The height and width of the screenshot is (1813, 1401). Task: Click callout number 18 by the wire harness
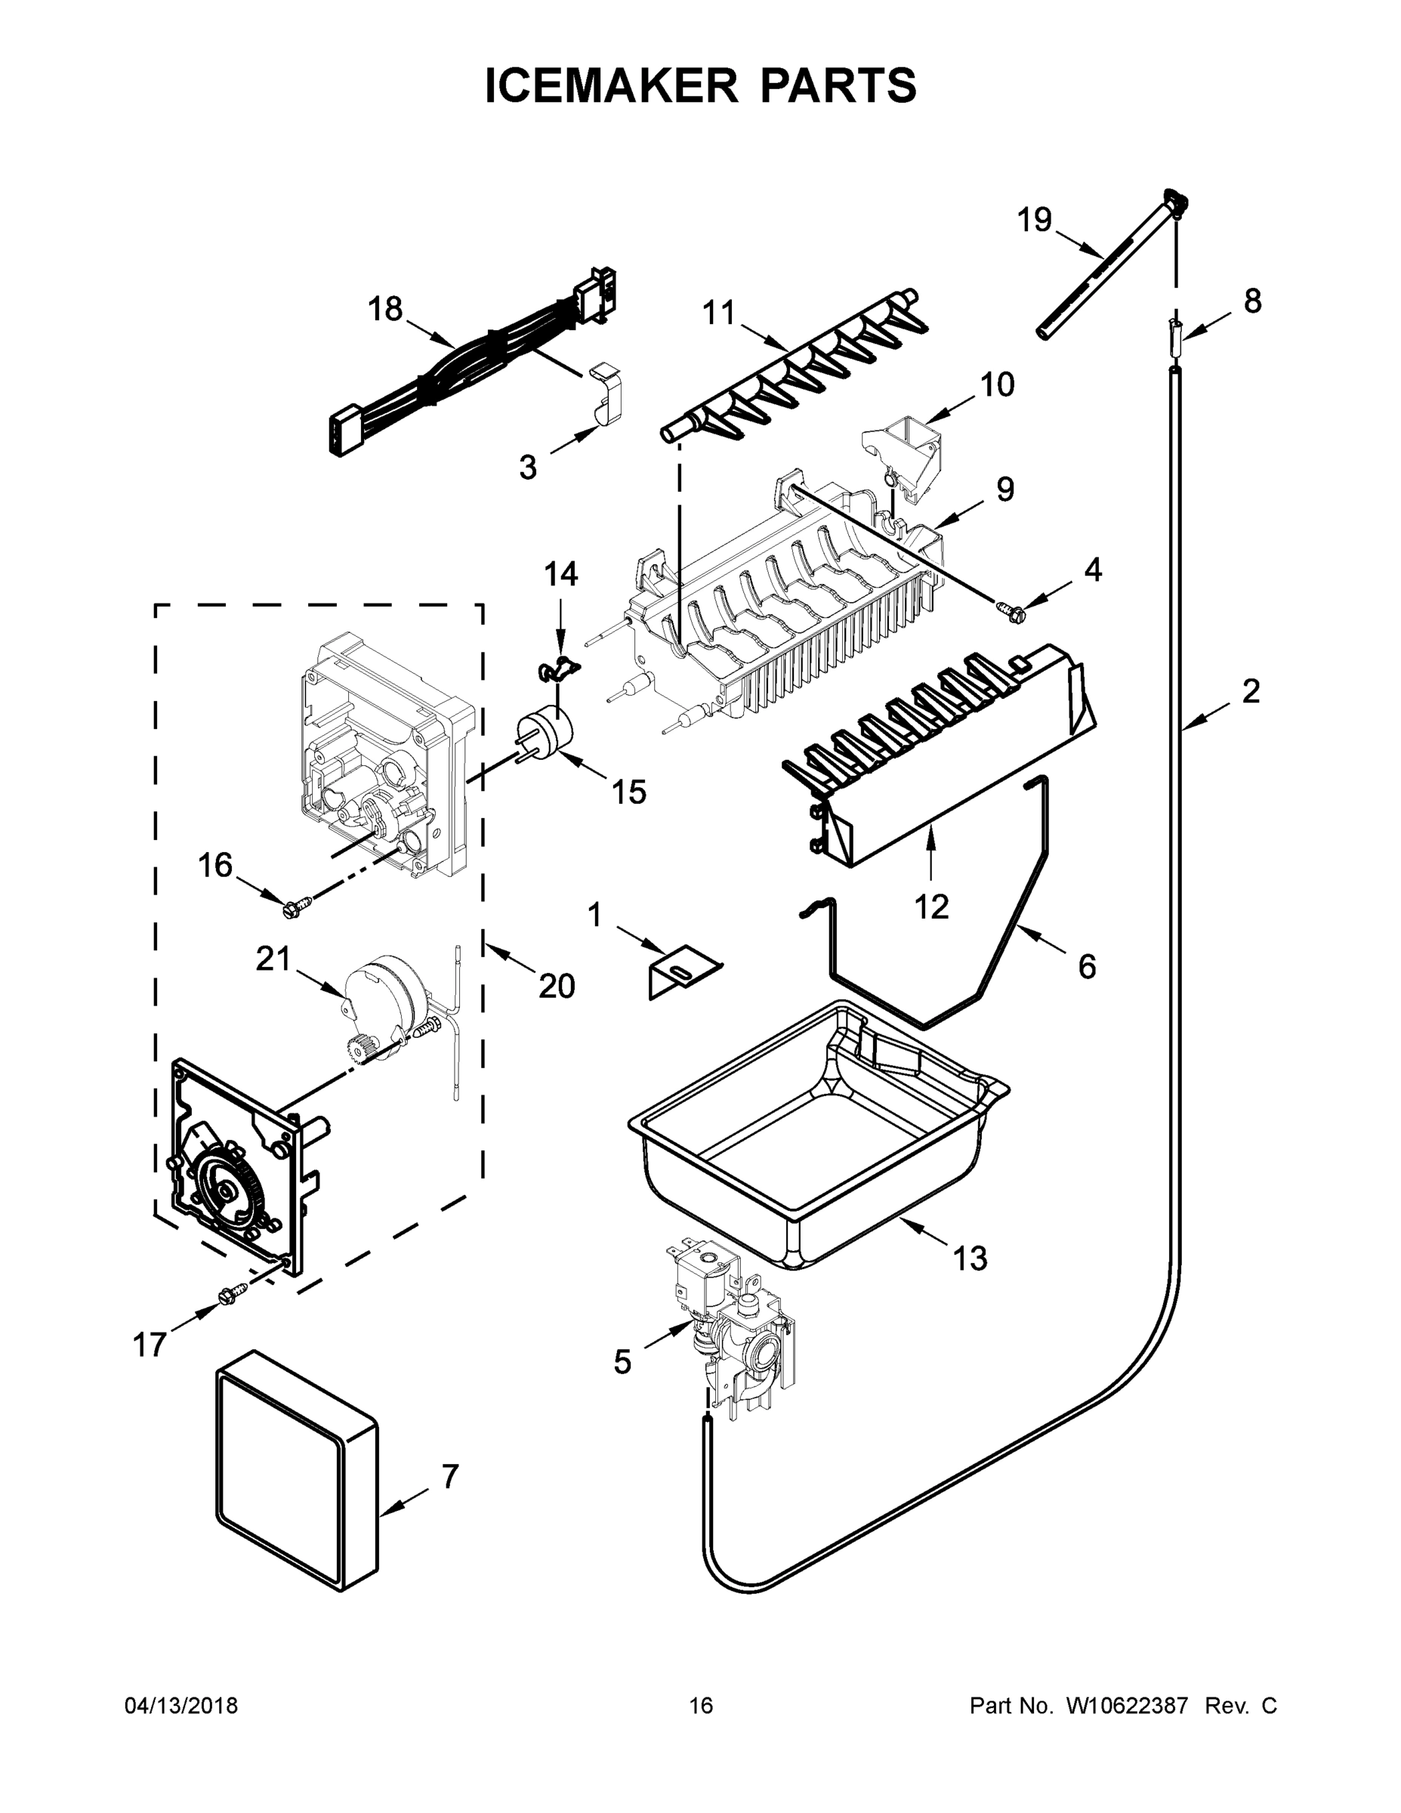tap(385, 309)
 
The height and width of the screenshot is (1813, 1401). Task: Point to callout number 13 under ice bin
tap(970, 1259)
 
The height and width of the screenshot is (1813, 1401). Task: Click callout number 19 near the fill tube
tap(1034, 220)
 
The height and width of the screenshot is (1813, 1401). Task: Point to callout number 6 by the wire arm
tap(1087, 966)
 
